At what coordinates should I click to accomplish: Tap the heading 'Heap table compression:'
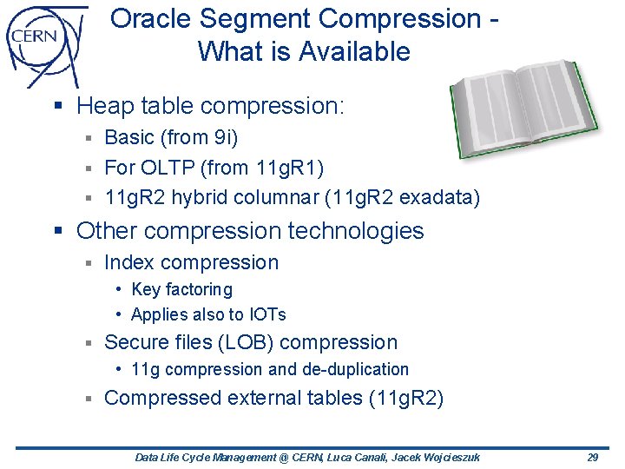pyautogui.click(x=211, y=107)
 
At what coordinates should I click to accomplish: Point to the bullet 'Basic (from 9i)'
pyautogui.click(x=171, y=137)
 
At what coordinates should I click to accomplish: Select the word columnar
pyautogui.click(x=275, y=197)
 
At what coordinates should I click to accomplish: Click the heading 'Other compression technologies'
pyautogui.click(x=250, y=231)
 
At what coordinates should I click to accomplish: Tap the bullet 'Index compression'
pyautogui.click(x=191, y=262)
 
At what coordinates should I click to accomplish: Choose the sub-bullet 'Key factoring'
pyautogui.click(x=181, y=289)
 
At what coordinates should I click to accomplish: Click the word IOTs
pyautogui.click(x=267, y=314)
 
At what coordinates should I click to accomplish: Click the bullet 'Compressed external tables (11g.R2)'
pyautogui.click(x=273, y=398)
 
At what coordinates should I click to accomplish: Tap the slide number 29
pyautogui.click(x=592, y=457)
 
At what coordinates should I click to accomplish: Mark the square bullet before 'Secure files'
pyautogui.click(x=88, y=343)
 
